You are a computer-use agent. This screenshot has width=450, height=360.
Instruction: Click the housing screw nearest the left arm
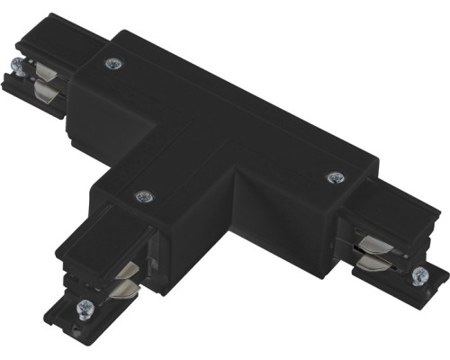[x=112, y=63]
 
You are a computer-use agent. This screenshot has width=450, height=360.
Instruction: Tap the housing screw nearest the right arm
[x=336, y=177]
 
